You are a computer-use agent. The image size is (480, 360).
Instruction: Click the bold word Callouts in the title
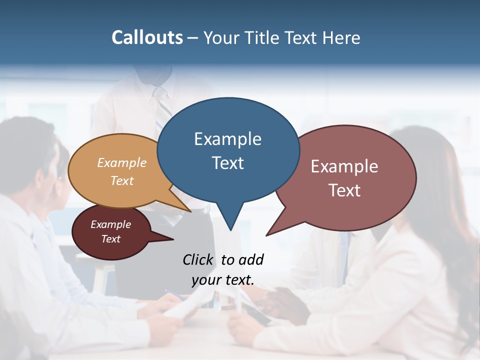[x=147, y=37]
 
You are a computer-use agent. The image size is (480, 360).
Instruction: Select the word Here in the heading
[x=341, y=38]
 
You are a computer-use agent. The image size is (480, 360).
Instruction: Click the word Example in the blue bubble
[x=228, y=139]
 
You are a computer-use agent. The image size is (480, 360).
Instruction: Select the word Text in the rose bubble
[x=344, y=190]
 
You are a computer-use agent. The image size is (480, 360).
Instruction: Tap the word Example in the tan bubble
[x=122, y=162]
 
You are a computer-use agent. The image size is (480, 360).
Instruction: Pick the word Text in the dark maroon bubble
[x=111, y=239]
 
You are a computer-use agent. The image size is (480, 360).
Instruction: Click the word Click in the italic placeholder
[x=197, y=259]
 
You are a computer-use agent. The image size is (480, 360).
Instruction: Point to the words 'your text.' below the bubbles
[x=223, y=280]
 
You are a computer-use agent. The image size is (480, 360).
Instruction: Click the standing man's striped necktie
[x=162, y=110]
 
